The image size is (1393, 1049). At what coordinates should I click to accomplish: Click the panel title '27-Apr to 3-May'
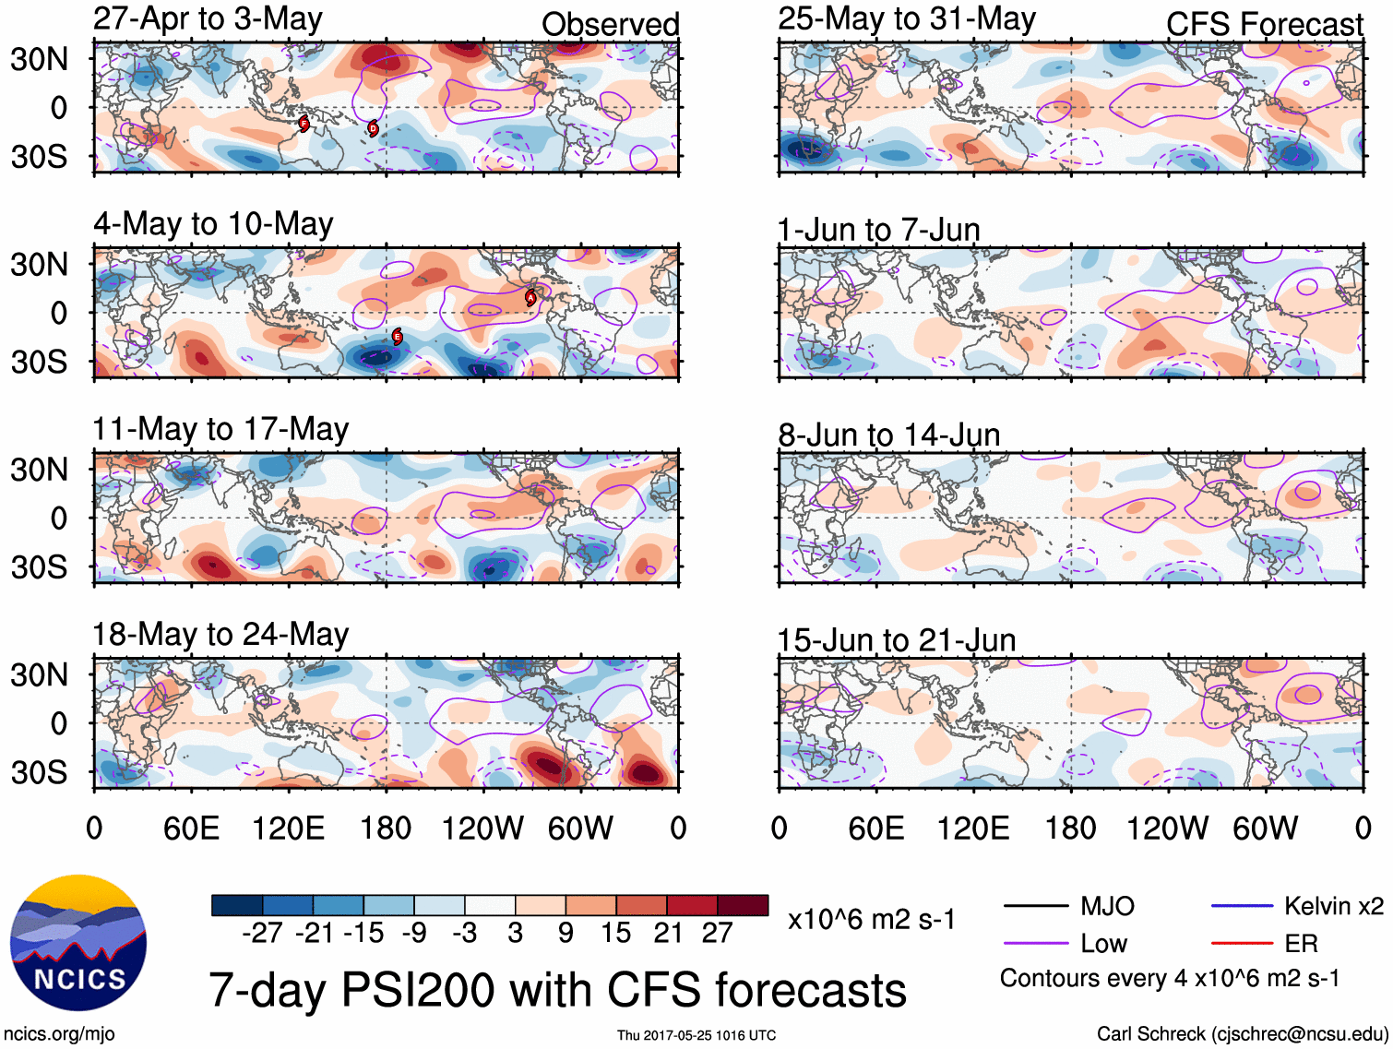pos(208,19)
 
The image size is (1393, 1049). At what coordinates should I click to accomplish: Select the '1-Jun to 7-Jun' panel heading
pos(878,229)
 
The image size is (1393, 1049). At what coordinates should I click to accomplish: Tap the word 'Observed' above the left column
pos(610,25)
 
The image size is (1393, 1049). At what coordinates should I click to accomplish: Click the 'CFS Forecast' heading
pos(1264,25)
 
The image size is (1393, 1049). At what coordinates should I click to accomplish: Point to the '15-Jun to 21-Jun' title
pos(896,639)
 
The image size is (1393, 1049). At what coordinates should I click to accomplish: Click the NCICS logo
pos(78,942)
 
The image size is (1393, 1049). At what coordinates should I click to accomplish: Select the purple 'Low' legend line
pos(1035,944)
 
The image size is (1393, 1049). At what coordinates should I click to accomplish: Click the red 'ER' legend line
pos(1242,944)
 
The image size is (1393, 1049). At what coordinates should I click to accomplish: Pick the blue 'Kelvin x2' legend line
pos(1242,906)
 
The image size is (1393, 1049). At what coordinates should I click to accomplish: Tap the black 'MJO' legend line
pos(1035,906)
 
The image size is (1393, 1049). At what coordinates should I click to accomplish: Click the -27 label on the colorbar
pos(262,934)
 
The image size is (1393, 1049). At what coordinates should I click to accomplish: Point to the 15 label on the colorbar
pos(616,934)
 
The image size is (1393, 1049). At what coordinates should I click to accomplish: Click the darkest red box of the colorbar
pos(743,905)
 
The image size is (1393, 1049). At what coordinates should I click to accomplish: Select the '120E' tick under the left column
pos(289,828)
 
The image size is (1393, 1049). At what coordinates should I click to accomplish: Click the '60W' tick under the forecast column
pos(1265,828)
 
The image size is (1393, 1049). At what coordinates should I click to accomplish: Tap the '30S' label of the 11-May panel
pos(40,566)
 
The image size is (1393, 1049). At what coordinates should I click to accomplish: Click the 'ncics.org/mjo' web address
pos(59,1034)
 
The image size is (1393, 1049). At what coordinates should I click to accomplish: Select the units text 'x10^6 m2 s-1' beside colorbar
pos(872,919)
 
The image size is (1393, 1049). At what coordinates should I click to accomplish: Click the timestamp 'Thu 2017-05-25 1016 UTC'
pos(696,1035)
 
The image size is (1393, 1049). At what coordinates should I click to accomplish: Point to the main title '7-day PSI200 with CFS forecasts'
pos(557,990)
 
